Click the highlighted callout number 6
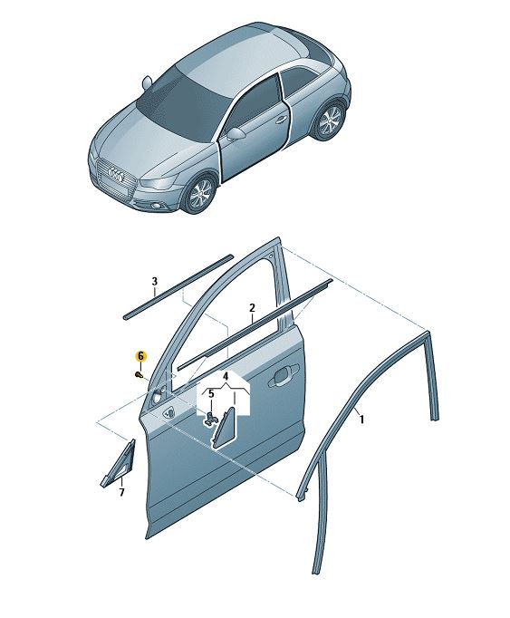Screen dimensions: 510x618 coord(140,357)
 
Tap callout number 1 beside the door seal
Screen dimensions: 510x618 coord(361,420)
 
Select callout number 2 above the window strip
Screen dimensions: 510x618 coord(252,308)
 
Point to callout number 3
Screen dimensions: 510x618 coord(155,282)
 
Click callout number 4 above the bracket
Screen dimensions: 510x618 coord(226,376)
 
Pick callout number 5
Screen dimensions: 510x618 coord(211,393)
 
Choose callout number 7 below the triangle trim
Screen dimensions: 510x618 coord(121,492)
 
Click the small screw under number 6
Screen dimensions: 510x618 coord(139,374)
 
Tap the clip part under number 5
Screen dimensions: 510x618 coord(210,419)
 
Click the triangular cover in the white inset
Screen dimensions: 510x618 coord(224,429)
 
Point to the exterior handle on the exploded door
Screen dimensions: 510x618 coord(283,375)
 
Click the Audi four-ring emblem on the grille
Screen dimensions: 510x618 coord(116,172)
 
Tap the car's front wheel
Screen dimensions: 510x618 coord(201,195)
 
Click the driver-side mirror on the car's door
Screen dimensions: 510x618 coord(236,133)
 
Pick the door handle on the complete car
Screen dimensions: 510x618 coord(281,121)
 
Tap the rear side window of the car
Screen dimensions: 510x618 coord(303,82)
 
